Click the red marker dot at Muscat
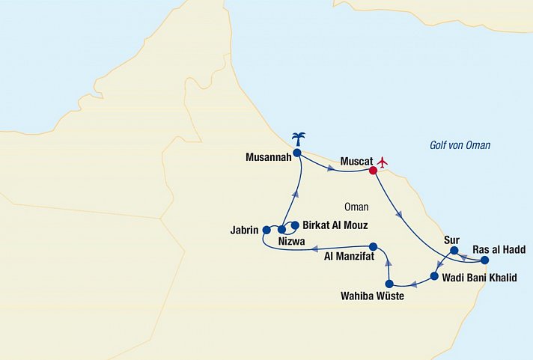tap(373, 170)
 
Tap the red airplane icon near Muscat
tap(384, 161)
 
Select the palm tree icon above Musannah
tap(298, 138)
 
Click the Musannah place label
tap(268, 157)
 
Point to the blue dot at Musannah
tap(296, 153)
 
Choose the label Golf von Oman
tap(460, 145)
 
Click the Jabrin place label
tap(244, 230)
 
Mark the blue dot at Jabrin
tap(266, 230)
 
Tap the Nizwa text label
tap(290, 242)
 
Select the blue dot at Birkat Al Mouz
tap(295, 225)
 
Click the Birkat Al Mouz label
tap(334, 225)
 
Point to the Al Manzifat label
tap(348, 257)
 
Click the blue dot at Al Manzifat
tap(372, 246)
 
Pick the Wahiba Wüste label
tap(374, 296)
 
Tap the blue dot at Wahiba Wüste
tap(389, 284)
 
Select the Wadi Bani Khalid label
tap(479, 278)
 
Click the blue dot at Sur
tap(454, 250)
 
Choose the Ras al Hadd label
tap(499, 250)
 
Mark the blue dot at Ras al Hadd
tap(484, 260)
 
